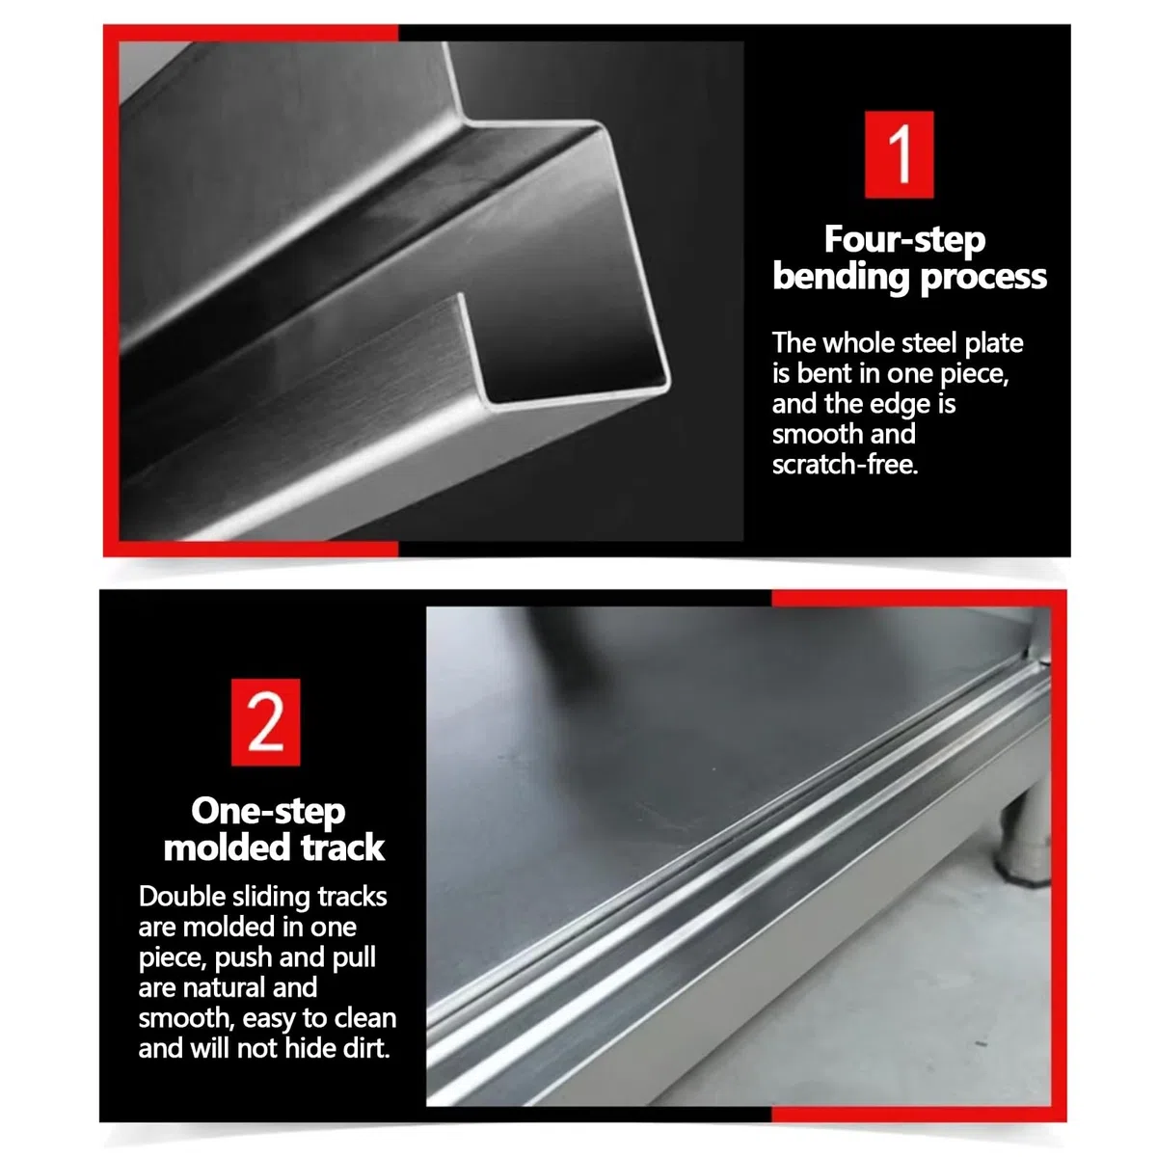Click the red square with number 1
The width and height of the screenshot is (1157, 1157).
(899, 154)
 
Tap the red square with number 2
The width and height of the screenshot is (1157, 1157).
(265, 722)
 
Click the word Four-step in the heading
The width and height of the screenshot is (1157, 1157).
(904, 240)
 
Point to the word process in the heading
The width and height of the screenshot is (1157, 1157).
(982, 278)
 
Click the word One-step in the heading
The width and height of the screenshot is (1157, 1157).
(268, 812)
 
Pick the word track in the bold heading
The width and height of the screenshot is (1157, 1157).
(342, 848)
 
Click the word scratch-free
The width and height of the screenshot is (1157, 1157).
(845, 465)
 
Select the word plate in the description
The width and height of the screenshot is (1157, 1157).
(993, 344)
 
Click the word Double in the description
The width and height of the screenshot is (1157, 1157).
(181, 897)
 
